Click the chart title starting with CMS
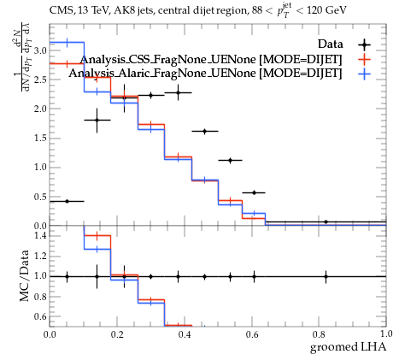pos(198,11)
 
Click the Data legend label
pos(331,44)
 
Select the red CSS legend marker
pos(365,59)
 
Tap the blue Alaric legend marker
pos(365,74)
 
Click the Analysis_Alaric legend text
pos(205,74)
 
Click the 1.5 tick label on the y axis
pos(40,139)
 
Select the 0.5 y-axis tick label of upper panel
pos(40,197)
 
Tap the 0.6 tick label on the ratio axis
pos(40,316)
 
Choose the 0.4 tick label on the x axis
pos(185,334)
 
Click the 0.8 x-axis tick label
pos(319,334)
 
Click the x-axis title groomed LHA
pos(348,347)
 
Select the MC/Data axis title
pos(25,275)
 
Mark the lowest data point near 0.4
pos(67,201)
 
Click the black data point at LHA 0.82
pos(326,221)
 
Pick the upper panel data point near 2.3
pos(178,92)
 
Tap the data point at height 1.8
pos(97,120)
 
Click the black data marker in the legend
pos(365,44)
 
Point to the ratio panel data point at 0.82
pos(326,276)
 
